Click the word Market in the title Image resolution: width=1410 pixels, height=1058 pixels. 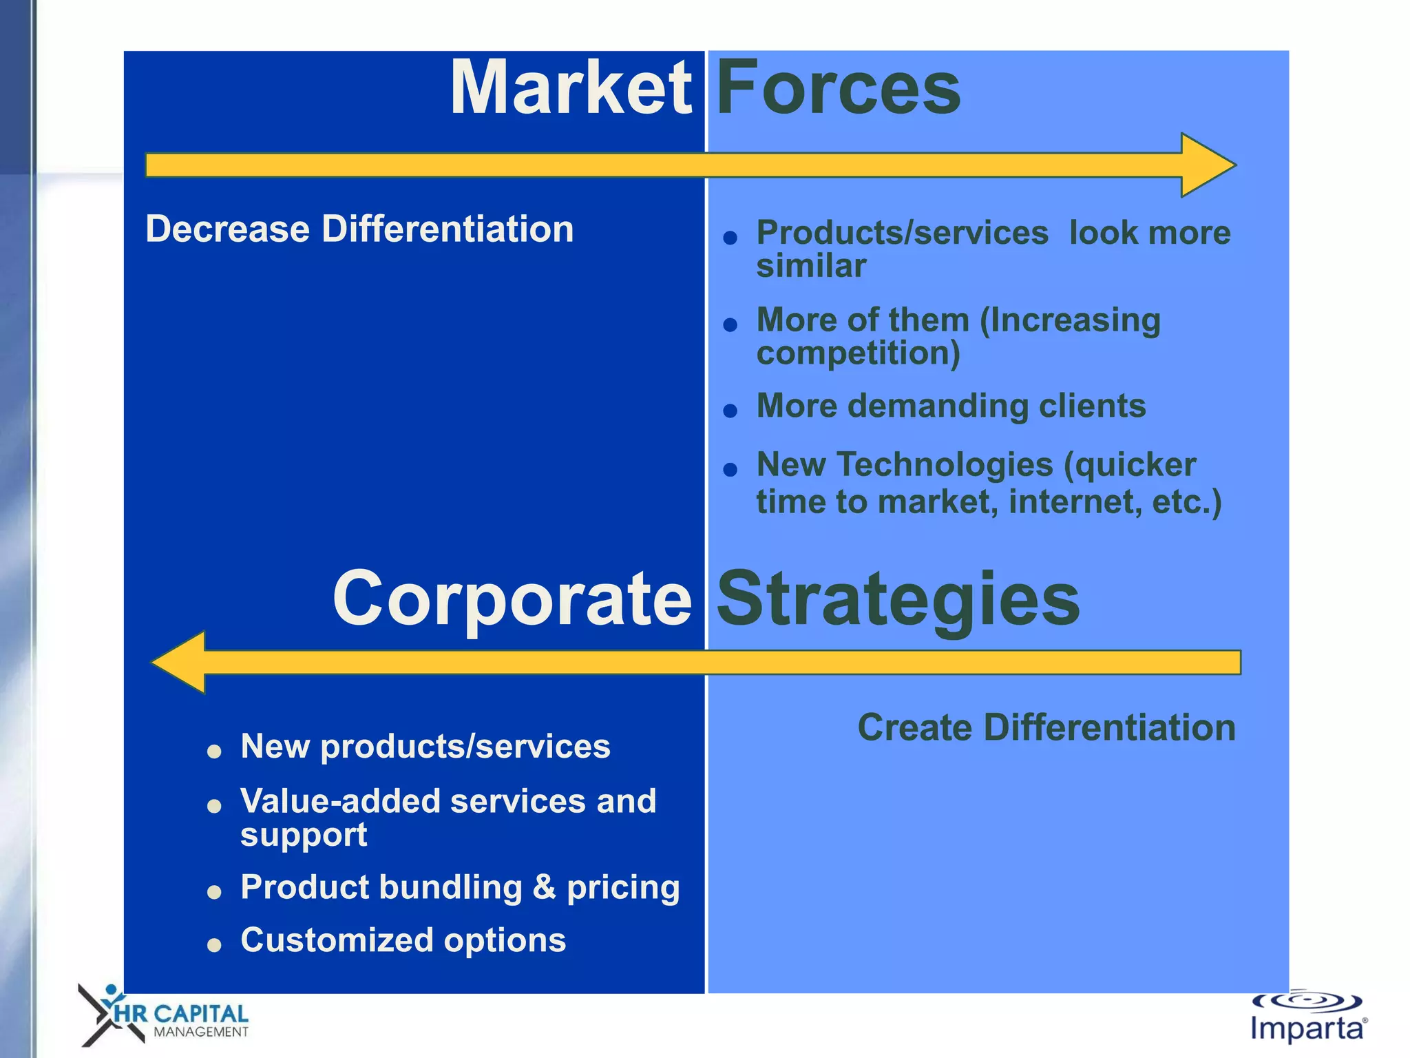(x=570, y=88)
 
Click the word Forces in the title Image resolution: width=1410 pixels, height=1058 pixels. (x=838, y=88)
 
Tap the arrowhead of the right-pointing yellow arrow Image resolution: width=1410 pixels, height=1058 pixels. (x=1206, y=165)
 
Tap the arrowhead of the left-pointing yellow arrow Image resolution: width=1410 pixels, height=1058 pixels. (x=181, y=662)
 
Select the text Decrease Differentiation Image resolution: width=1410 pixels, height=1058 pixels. (x=359, y=229)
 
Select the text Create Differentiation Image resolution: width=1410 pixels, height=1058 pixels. (x=1046, y=727)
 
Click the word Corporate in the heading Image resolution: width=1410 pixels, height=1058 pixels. (x=512, y=599)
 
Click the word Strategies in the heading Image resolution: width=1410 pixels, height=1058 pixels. (x=898, y=599)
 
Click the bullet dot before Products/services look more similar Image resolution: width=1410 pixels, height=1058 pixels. (x=730, y=238)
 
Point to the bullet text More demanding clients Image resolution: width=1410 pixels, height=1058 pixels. (x=951, y=406)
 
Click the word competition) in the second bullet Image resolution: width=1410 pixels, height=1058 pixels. (x=858, y=353)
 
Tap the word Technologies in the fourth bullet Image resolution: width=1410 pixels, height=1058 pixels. (x=945, y=465)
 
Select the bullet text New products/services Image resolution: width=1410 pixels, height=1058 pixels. (x=425, y=746)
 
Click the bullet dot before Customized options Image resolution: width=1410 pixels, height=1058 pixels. (x=214, y=944)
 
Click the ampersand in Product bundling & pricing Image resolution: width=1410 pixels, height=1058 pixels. (x=544, y=886)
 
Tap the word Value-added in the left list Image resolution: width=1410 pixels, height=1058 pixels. (x=339, y=801)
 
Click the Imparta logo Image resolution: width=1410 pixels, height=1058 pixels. (x=1307, y=1018)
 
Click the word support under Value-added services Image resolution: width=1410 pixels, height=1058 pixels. (x=304, y=836)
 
